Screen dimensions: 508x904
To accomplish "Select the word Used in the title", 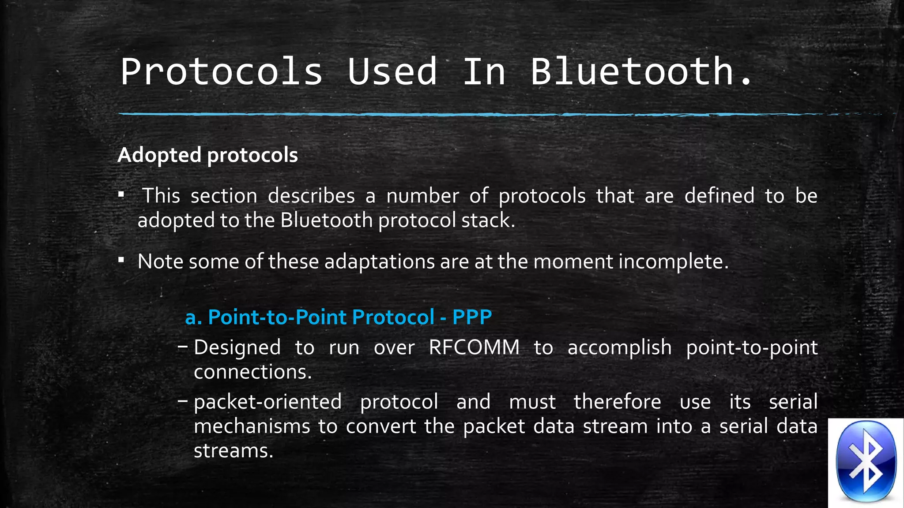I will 392,71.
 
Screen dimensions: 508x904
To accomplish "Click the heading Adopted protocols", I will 207,155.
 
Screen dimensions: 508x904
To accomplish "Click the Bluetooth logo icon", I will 866,462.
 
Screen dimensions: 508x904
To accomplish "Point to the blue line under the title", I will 441,114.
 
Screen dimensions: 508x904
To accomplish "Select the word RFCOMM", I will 474,347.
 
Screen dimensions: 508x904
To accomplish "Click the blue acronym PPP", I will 472,317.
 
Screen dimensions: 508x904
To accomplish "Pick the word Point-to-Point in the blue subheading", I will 277,317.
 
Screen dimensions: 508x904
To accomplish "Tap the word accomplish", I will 619,347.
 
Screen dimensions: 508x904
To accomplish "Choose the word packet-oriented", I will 267,402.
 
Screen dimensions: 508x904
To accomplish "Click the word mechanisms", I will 252,426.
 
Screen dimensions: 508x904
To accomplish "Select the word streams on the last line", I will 233,451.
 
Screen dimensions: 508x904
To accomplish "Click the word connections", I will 252,372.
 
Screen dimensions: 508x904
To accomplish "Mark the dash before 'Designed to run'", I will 182,347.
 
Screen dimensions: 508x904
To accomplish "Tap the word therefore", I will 617,402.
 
